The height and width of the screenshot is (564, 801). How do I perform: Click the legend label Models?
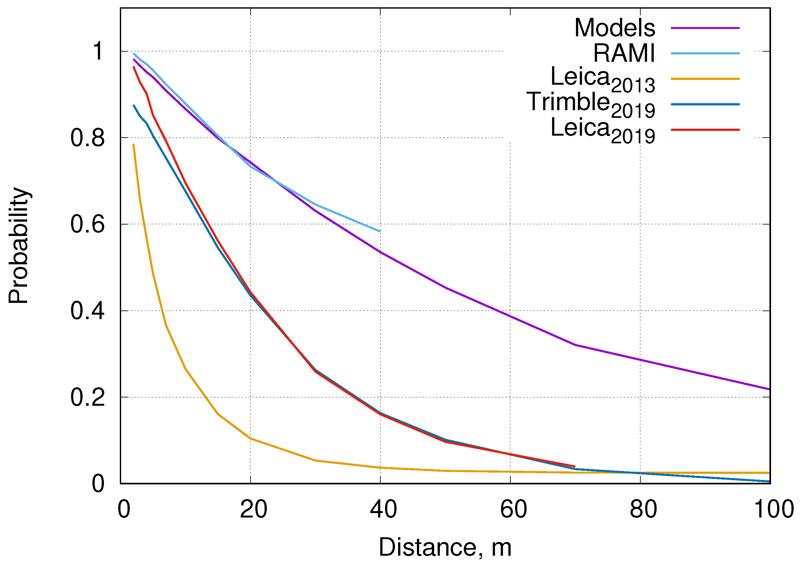(x=615, y=28)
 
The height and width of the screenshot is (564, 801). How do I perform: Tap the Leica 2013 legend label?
(x=602, y=80)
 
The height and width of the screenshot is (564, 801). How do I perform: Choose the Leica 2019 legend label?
(x=602, y=131)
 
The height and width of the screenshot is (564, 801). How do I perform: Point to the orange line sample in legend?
(x=705, y=79)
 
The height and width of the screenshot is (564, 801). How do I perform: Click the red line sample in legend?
(x=705, y=130)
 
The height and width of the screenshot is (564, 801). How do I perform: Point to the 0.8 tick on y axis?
(x=88, y=138)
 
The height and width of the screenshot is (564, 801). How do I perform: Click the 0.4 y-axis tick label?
(x=88, y=311)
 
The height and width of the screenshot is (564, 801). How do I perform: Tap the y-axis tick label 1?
(x=97, y=51)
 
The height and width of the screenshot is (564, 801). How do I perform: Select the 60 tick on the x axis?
(x=513, y=509)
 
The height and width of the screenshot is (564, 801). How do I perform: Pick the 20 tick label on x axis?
(x=254, y=509)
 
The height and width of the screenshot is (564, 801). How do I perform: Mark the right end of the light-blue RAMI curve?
(x=380, y=231)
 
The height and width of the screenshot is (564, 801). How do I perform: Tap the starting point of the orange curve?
(x=134, y=144)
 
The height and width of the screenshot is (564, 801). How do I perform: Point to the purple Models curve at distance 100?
(x=769, y=389)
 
